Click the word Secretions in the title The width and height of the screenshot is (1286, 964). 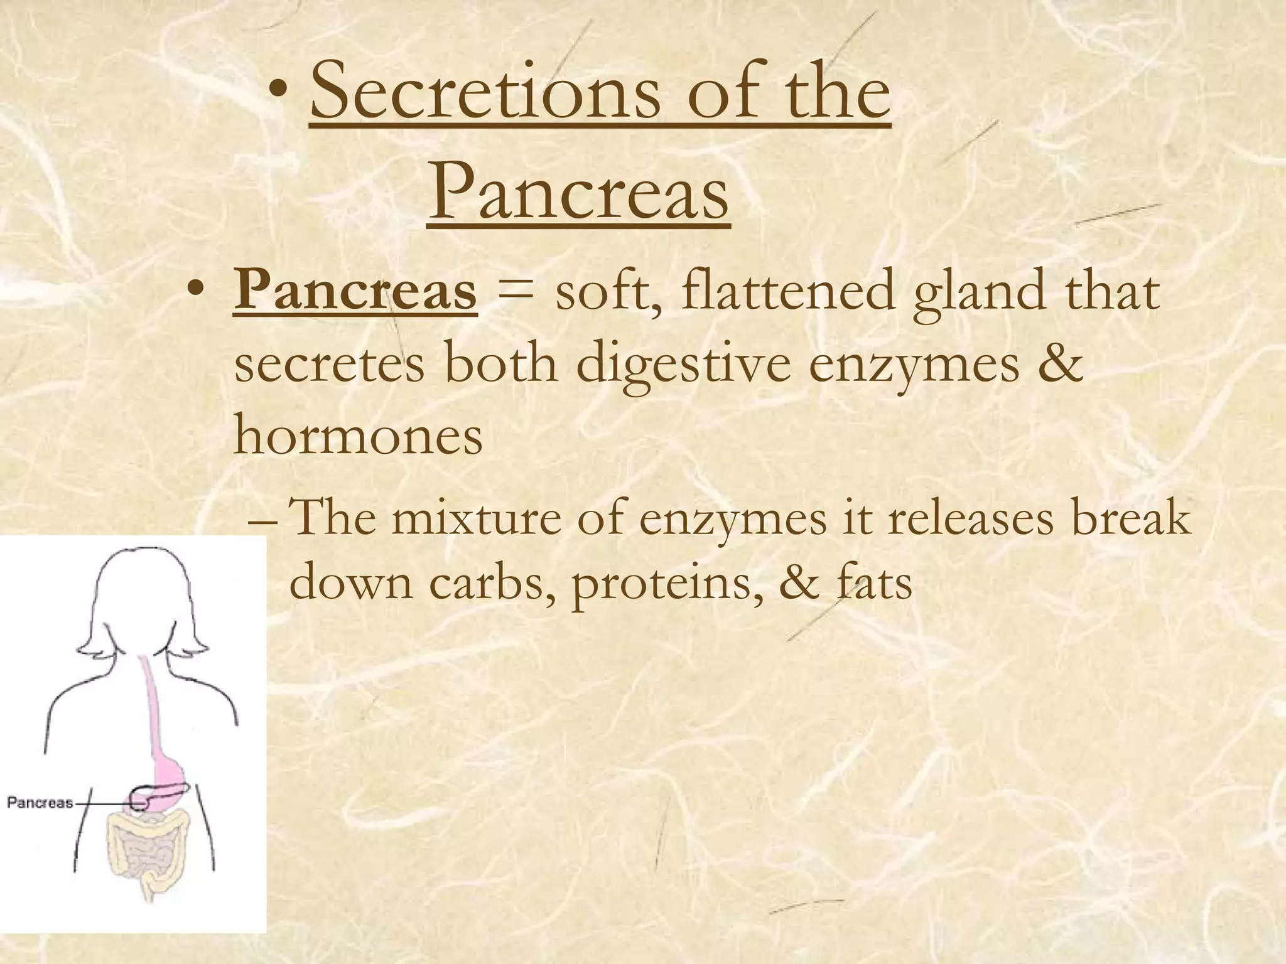[484, 94]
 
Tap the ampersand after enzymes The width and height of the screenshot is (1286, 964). [1064, 364]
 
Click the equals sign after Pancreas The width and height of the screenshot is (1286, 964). [515, 294]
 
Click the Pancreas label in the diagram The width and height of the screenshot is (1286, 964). [40, 803]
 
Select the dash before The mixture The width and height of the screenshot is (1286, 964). [263, 521]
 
